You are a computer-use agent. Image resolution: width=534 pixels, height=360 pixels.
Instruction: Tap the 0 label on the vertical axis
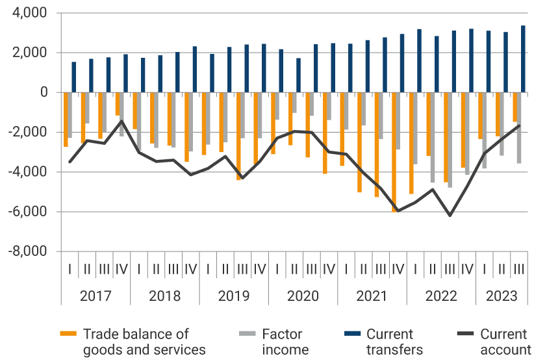point(44,92)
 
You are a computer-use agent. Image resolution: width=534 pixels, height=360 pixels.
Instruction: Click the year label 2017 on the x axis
point(95,296)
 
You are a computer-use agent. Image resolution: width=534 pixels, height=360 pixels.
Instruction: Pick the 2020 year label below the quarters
point(303,296)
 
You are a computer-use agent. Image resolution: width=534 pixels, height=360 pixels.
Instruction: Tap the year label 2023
point(502,296)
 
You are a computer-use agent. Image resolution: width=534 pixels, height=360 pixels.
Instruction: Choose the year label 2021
point(372,296)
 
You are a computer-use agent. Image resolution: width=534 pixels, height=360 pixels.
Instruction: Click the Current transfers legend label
point(390,342)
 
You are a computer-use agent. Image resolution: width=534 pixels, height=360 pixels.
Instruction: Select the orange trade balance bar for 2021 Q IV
point(394,152)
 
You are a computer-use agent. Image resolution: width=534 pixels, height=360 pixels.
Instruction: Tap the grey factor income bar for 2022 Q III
point(450,140)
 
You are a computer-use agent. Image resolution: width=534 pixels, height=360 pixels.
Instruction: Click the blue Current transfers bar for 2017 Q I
point(74,77)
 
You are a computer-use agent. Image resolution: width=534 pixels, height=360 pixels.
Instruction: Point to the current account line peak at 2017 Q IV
point(121,121)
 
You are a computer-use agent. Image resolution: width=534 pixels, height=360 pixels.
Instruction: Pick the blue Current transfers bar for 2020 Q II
point(299,75)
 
